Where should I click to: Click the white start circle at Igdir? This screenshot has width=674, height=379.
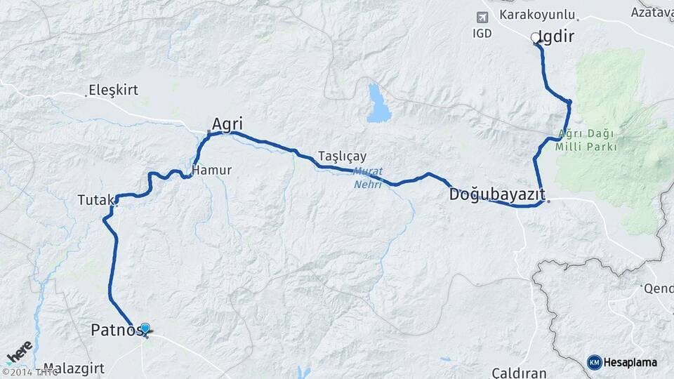(536, 37)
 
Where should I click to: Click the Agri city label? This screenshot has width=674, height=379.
(227, 124)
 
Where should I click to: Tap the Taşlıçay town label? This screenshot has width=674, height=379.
(342, 156)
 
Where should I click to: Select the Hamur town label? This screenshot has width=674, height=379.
(211, 171)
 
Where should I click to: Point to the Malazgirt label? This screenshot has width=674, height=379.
(74, 368)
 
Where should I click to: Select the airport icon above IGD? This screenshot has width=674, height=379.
(482, 17)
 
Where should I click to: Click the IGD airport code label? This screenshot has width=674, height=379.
(482, 33)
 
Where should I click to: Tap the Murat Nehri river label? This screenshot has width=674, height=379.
(367, 178)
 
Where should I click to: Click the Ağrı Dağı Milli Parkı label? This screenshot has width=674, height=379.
(586, 140)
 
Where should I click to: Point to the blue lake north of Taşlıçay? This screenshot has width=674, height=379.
(378, 105)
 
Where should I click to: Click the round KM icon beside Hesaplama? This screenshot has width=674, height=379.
(595, 362)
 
